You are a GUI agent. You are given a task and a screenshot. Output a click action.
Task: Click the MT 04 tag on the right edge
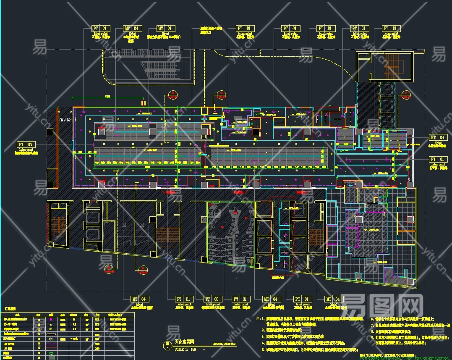point(438,137)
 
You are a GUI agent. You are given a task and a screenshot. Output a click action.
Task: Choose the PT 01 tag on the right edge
point(438,159)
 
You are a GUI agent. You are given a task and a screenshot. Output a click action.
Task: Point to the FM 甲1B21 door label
point(65,120)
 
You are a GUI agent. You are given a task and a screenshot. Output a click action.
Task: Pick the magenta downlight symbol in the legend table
point(51,319)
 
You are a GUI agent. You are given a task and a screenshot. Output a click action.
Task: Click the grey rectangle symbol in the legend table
point(51,357)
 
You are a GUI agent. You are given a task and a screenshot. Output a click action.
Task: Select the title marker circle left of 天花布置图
point(168,344)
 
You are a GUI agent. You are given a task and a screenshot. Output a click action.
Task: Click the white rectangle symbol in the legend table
point(51,334)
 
